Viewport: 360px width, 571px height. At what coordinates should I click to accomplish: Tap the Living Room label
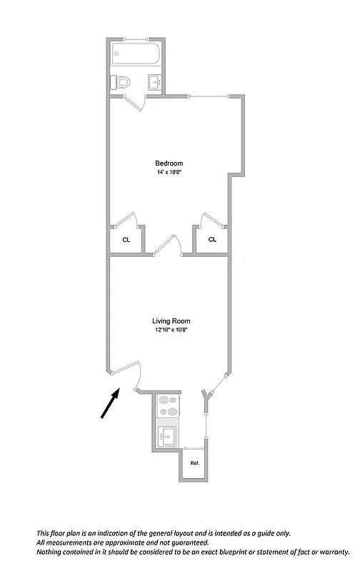pos(171,321)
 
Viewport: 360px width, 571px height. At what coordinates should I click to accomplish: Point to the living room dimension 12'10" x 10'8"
pos(171,330)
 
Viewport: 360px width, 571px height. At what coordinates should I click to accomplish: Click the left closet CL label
pos(126,240)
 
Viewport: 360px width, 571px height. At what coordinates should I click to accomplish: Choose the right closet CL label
pos(212,240)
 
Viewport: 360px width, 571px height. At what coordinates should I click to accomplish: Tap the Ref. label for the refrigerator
pos(194,463)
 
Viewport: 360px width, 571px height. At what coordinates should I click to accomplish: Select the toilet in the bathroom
pos(121,82)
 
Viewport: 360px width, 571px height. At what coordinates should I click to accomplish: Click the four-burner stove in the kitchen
pos(169,406)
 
